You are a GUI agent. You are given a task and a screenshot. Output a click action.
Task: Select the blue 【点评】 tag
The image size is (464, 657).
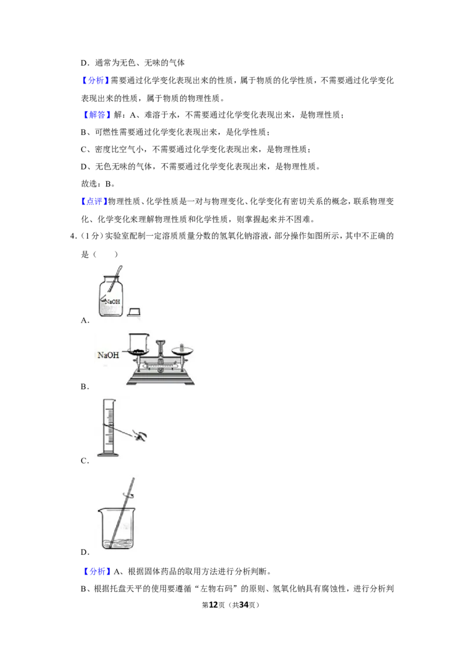click(94, 201)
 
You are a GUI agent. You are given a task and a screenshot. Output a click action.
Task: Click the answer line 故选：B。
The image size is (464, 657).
click(97, 183)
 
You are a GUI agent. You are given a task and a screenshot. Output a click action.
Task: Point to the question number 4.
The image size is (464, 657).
click(73, 236)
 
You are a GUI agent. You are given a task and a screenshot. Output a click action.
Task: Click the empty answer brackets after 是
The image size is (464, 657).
click(105, 254)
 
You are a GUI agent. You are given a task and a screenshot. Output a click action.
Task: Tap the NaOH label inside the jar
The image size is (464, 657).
click(113, 301)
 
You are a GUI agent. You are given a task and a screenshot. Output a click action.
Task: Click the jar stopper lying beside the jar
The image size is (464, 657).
click(134, 311)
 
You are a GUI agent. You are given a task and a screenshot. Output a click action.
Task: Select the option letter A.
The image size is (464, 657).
click(85, 320)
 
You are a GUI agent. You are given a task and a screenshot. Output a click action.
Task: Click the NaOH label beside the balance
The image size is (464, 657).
click(108, 355)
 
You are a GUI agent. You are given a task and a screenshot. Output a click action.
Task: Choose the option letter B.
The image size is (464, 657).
click(85, 387)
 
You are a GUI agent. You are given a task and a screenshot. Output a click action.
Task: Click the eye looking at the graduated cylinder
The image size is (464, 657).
click(140, 436)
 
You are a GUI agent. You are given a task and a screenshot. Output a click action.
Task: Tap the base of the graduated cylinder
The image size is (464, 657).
click(108, 454)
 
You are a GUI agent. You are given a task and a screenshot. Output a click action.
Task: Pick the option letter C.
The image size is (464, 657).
click(85, 461)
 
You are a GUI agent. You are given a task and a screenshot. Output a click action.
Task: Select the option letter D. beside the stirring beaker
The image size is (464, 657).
click(85, 553)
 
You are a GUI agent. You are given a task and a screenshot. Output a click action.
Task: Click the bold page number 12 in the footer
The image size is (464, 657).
click(213, 605)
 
